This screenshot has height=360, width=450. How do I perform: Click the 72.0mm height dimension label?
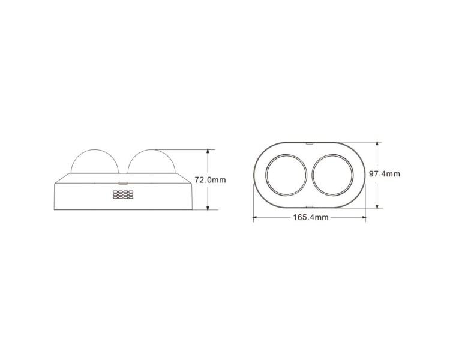210,180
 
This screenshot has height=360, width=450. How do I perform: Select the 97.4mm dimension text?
384,174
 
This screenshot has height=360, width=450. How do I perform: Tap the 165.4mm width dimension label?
311,217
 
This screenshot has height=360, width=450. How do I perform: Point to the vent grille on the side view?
123,194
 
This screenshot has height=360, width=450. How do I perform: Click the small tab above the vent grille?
123,182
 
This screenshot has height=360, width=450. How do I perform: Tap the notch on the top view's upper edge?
310,142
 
